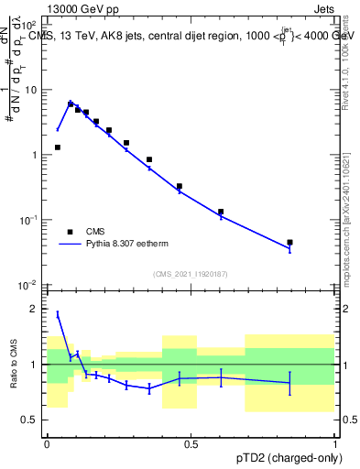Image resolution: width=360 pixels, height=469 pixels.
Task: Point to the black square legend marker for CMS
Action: (70, 232)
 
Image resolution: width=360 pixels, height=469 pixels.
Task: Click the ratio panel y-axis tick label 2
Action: (34, 309)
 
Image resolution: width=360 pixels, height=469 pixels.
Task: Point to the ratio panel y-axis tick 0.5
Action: (29, 420)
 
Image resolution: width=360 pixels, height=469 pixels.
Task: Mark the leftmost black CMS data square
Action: (58, 147)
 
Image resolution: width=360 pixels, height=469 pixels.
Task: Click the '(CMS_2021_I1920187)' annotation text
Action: (191, 273)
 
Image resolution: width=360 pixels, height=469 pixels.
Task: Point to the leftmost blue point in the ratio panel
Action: (58, 314)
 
